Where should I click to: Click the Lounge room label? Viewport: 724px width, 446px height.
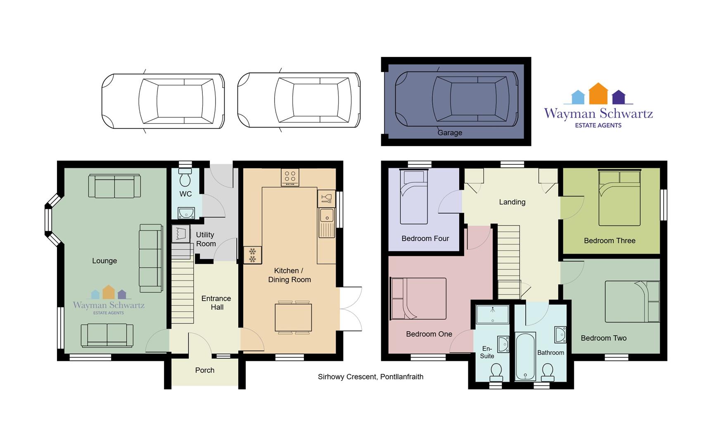[x=104, y=261]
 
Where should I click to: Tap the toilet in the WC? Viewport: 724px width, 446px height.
[x=185, y=177]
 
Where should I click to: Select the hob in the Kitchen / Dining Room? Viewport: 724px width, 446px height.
[x=290, y=178]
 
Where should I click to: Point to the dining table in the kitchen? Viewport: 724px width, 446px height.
[x=293, y=317]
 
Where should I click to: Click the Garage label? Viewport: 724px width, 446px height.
[x=450, y=133]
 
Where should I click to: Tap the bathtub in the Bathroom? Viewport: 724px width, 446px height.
[x=525, y=356]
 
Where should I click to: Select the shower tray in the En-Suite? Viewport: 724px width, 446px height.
[x=492, y=314]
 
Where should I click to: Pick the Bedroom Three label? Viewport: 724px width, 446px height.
[x=610, y=241]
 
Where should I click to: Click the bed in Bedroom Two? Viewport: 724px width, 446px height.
[x=632, y=301]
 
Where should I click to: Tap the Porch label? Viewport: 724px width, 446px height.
[x=205, y=370]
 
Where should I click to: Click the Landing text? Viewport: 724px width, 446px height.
[x=512, y=202]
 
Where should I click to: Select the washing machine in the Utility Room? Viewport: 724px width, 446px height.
[x=180, y=234]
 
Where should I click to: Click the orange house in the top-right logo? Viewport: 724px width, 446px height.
[x=598, y=94]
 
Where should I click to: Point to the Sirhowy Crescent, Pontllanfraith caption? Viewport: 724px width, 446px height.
[x=370, y=377]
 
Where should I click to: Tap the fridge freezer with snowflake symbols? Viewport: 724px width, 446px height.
[x=252, y=255]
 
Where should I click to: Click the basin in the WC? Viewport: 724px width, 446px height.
[x=186, y=213]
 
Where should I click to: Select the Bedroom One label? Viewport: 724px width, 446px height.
[x=429, y=334]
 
